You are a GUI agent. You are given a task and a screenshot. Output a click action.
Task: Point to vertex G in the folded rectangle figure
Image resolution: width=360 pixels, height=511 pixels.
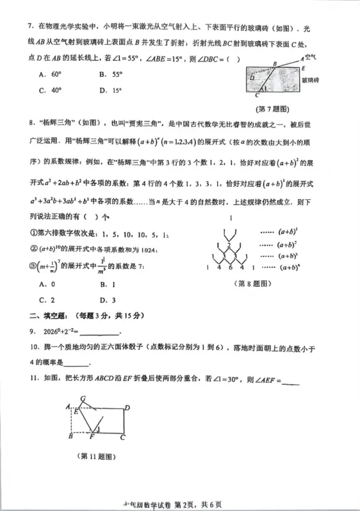(x=83, y=399)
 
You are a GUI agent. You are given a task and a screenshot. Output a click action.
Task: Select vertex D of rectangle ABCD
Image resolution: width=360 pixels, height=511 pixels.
(x=127, y=407)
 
